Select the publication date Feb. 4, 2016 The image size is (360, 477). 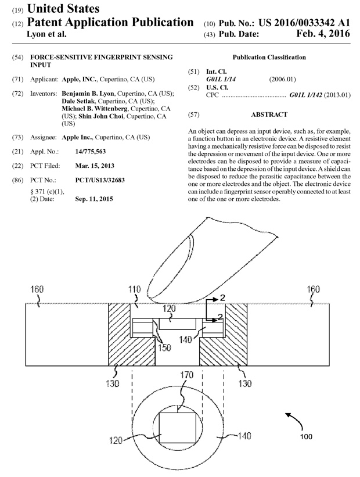tap(322, 34)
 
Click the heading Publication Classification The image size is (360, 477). tap(269, 58)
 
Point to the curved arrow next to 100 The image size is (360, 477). tap(293, 418)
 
